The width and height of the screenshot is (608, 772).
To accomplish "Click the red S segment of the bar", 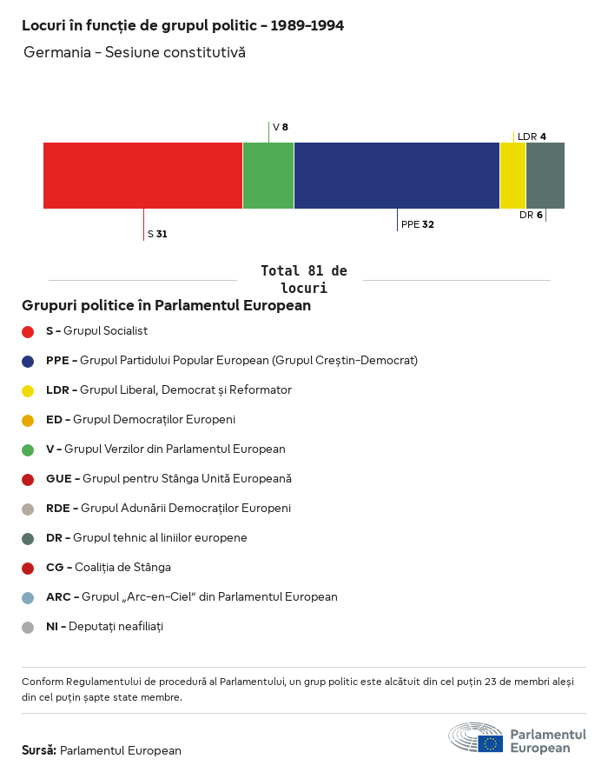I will (142, 176).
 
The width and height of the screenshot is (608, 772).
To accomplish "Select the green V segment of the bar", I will (268, 176).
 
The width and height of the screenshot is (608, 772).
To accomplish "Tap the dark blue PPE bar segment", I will (397, 176).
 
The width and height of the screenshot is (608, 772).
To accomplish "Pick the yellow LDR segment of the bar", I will (513, 176).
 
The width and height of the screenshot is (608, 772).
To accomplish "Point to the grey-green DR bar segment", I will (545, 176).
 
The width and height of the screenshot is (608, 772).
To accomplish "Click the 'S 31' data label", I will (157, 234).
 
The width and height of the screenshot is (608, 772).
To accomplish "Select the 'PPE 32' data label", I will (418, 224).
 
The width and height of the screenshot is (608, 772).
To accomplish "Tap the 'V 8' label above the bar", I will (280, 127).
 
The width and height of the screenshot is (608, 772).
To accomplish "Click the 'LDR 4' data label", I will (532, 136).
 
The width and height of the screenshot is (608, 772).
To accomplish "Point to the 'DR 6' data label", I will (531, 215).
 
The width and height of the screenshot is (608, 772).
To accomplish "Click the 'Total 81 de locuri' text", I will (303, 279).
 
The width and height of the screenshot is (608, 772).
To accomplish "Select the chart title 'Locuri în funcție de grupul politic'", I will (182, 25).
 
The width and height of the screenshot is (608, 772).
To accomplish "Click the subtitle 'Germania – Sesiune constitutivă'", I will (135, 52).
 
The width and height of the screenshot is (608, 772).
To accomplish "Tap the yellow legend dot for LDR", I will (28, 390).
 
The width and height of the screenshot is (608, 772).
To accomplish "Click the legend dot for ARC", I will (28, 597).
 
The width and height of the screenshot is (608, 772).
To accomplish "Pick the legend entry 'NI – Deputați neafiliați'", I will (104, 627).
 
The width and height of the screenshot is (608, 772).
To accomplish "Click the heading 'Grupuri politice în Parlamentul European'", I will (166, 306).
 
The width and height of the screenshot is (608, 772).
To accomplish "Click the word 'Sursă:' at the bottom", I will (39, 750).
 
